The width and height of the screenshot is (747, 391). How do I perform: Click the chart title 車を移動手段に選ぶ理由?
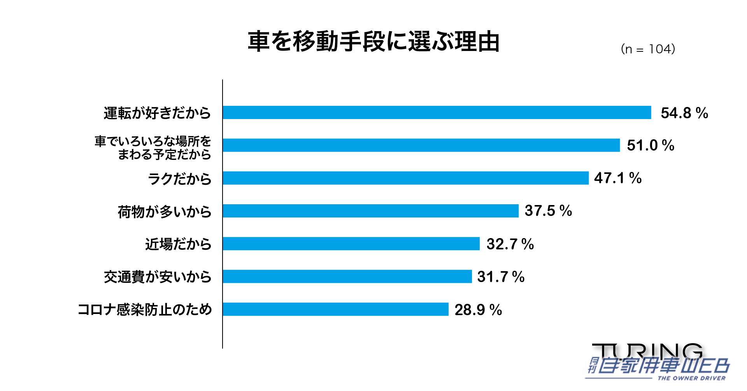point(373,42)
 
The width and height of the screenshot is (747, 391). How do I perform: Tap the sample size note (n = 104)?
point(648,49)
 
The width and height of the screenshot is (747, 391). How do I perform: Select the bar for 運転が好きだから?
point(437,112)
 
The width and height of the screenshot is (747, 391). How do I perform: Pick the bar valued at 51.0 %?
point(421,145)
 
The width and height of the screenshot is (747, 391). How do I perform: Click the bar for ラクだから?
point(405,178)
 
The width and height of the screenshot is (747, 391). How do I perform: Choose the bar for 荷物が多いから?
point(370,211)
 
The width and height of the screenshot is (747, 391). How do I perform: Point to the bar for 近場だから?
point(351,244)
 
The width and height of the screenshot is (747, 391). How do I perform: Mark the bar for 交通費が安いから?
point(347,276)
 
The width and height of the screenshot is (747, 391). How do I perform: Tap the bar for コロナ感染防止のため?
point(335,309)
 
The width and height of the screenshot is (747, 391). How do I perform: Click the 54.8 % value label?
point(684,113)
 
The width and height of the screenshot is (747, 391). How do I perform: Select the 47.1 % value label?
point(617,178)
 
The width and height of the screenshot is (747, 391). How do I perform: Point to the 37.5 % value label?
point(548,211)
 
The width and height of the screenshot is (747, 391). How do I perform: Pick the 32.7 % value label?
point(510,244)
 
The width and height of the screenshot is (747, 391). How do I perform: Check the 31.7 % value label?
point(501,277)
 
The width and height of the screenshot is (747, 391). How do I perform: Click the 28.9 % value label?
point(478,310)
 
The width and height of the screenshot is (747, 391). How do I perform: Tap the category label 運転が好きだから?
point(157,113)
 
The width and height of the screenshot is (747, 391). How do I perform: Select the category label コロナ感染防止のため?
point(145,310)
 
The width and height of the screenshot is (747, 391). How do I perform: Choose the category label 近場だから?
point(178,244)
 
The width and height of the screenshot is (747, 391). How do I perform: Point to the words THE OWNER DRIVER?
point(691,378)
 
